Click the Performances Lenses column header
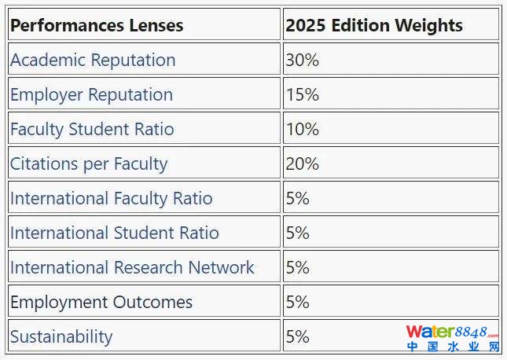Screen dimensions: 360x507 [97, 25]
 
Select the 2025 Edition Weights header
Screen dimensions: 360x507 [374, 25]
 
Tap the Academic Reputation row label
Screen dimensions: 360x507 [93, 60]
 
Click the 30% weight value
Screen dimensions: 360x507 [303, 60]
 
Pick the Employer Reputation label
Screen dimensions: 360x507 [91, 94]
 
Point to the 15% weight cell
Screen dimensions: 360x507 [303, 94]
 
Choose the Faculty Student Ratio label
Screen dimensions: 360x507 [92, 129]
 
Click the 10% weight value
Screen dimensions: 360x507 [303, 129]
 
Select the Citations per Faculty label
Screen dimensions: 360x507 [89, 163]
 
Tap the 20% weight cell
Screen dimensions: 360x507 [303, 163]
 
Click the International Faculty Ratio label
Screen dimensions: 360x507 [111, 198]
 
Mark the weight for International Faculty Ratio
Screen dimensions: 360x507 [298, 198]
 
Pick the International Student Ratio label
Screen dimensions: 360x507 [115, 233]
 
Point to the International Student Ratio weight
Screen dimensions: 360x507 [298, 233]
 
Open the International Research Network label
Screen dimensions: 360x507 [132, 267]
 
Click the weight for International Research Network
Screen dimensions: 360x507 [298, 267]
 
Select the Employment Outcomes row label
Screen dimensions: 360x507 [101, 302]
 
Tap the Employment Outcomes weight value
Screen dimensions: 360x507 [298, 302]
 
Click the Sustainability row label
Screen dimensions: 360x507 [61, 336]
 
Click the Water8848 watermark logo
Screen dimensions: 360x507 [452, 339]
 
